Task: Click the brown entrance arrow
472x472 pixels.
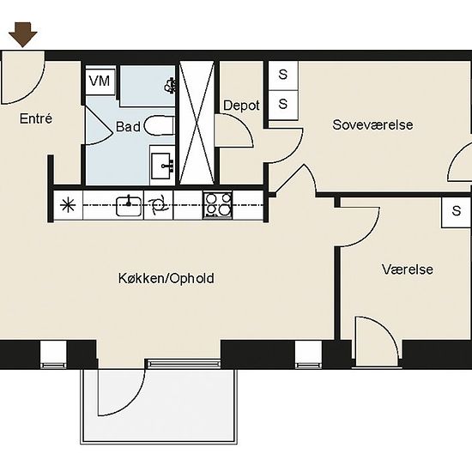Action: [x=23, y=34]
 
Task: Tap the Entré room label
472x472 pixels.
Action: [x=36, y=118]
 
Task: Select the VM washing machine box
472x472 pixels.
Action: [x=100, y=82]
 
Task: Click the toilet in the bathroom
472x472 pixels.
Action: [x=160, y=125]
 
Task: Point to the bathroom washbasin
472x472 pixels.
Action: [x=162, y=166]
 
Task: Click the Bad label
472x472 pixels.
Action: [x=128, y=127]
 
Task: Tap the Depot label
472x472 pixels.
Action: [x=241, y=106]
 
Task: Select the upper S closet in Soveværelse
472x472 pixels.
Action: [x=283, y=76]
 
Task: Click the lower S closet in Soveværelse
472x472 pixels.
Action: [x=283, y=105]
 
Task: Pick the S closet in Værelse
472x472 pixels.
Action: [x=456, y=212]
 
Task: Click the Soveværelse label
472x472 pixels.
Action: [x=372, y=124]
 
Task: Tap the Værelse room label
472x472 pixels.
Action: [x=408, y=269]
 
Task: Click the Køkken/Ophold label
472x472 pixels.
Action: [x=166, y=278]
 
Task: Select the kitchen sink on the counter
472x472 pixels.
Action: [x=129, y=206]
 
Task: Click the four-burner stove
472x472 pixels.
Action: [x=218, y=205]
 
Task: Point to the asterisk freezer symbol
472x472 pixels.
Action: [x=68, y=206]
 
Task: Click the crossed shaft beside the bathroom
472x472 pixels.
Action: [x=197, y=123]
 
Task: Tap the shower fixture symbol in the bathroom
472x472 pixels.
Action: [x=170, y=85]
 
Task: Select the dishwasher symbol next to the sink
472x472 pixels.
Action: [x=159, y=205]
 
